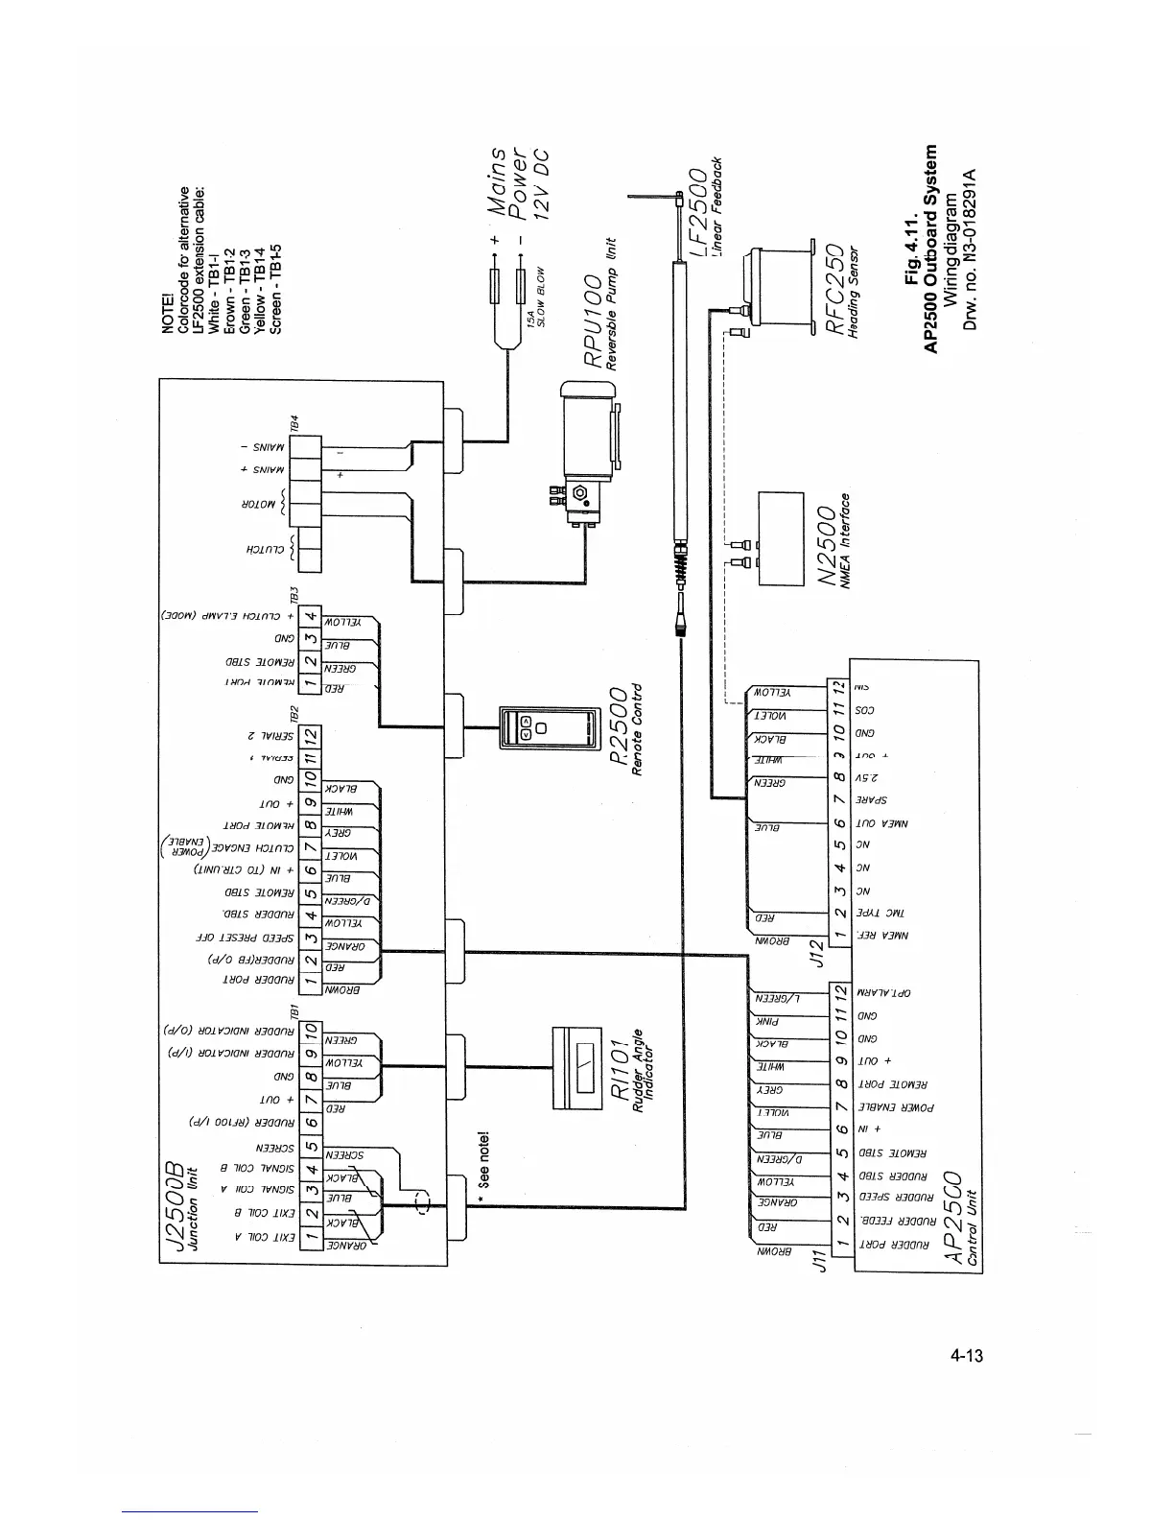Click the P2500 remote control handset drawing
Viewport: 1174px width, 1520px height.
pos(531,727)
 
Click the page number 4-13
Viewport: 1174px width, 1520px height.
pos(968,1355)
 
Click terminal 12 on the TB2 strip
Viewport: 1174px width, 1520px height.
pos(311,738)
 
